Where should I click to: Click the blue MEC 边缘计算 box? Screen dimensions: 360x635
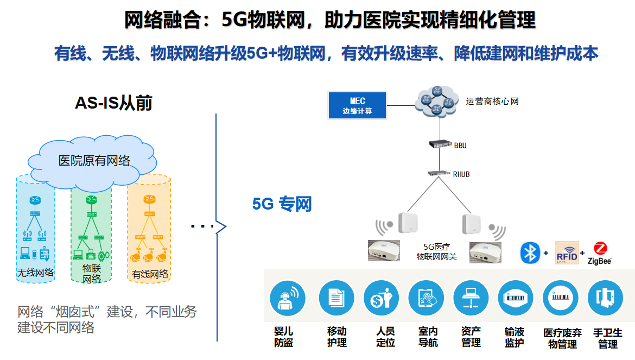click(x=357, y=105)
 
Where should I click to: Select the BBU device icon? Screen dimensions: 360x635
click(x=440, y=144)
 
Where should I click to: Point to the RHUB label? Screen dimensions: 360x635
click(x=461, y=174)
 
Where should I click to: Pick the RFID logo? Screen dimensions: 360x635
click(x=567, y=253)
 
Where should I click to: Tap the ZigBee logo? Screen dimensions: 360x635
click(x=600, y=253)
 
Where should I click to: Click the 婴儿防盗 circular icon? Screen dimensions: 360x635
click(x=287, y=298)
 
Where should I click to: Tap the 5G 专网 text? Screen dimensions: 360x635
click(x=282, y=204)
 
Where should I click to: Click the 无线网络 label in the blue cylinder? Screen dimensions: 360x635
click(x=36, y=272)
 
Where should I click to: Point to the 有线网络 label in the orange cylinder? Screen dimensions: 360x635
click(x=150, y=274)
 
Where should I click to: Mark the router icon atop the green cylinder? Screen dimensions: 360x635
click(x=91, y=200)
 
